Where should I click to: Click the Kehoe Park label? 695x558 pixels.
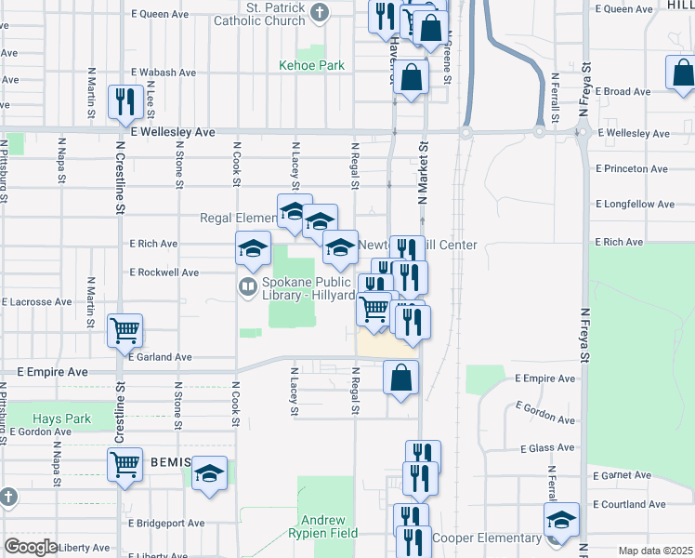[x=312, y=65]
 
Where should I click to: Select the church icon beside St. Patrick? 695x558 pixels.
[x=321, y=13]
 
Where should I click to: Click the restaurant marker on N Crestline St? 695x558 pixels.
[x=124, y=102]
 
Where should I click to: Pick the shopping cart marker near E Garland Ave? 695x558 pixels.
[x=125, y=330]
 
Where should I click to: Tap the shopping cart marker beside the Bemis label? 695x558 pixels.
[x=125, y=464]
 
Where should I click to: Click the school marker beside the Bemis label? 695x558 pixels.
[x=210, y=473]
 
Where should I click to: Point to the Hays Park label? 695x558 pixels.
[x=62, y=418]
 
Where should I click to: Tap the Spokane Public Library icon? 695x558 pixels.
[x=247, y=286]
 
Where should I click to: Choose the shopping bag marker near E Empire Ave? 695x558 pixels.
[x=400, y=378]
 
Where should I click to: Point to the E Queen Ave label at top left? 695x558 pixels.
[x=160, y=14]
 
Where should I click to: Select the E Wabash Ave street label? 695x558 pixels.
[x=163, y=72]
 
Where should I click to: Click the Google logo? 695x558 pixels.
[x=32, y=546]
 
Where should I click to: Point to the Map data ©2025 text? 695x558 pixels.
[x=655, y=551]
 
